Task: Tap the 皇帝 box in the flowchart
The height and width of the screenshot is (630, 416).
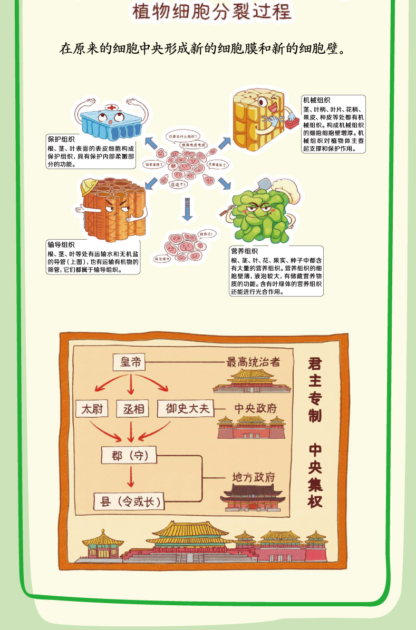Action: [130, 362]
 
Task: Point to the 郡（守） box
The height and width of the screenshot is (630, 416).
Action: [129, 455]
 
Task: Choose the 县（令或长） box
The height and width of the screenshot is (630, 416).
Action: [128, 501]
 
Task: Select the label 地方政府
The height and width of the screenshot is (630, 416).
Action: [254, 477]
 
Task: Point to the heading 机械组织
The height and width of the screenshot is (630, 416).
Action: [316, 100]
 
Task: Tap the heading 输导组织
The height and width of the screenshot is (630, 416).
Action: [61, 244]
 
